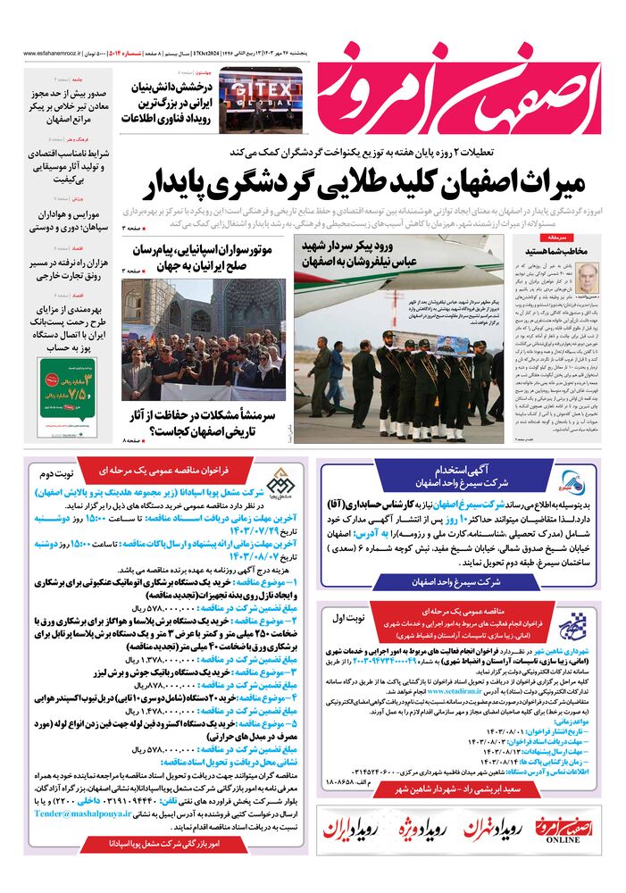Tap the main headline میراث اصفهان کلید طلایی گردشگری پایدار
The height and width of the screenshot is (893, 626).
(x=369, y=184)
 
